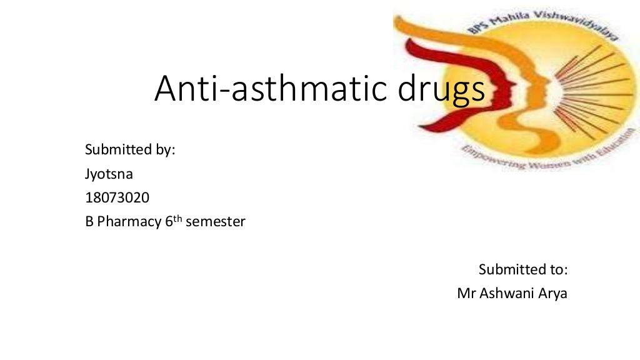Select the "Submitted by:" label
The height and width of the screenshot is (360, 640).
point(129,150)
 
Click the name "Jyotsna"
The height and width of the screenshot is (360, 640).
point(109,174)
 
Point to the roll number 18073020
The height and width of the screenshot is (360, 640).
point(117,197)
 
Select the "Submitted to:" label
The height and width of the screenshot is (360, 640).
point(522,269)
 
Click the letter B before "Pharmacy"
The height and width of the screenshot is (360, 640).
point(89,222)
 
